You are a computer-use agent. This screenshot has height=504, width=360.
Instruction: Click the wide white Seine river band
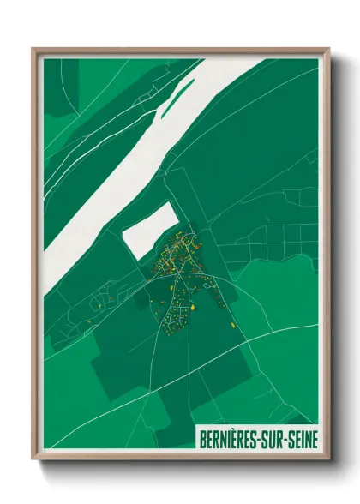[x=129, y=163]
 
